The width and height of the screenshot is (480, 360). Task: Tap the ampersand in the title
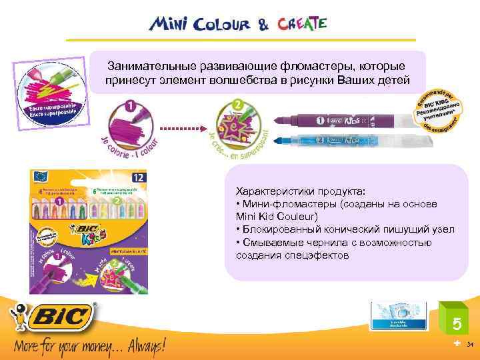264,25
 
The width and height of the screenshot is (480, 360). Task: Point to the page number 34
471,345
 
